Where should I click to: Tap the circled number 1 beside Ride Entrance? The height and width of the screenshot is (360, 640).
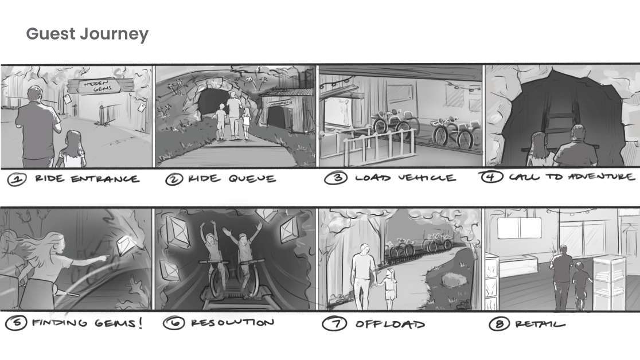point(17,179)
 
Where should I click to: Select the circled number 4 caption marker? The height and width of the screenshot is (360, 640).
point(491,177)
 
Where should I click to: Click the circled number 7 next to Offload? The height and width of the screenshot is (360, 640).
point(334,324)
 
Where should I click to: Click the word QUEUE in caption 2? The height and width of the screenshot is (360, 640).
point(252,179)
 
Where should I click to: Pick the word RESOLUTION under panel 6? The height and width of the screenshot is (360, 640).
point(233,323)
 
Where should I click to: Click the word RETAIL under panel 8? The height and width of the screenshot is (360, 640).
point(540,324)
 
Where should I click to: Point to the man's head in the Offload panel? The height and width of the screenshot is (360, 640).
point(364,249)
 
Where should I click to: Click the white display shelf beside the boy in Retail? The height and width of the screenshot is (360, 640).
point(609,281)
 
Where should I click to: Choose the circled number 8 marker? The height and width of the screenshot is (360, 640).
point(499,324)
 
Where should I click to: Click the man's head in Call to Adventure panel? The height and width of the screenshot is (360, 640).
point(578,133)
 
